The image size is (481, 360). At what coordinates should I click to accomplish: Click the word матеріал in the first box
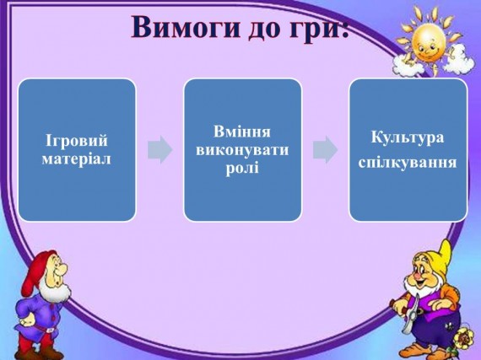77,158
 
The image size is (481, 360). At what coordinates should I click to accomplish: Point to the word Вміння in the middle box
242,132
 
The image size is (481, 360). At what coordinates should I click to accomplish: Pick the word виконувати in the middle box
242,149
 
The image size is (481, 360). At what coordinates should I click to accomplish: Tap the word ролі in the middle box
242,167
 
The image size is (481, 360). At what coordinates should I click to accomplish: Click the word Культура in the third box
408,137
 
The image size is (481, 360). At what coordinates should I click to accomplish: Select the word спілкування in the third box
408,161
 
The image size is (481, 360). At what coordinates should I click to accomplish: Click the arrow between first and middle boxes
159,150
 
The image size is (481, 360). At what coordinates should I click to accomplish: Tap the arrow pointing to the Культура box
325,150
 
